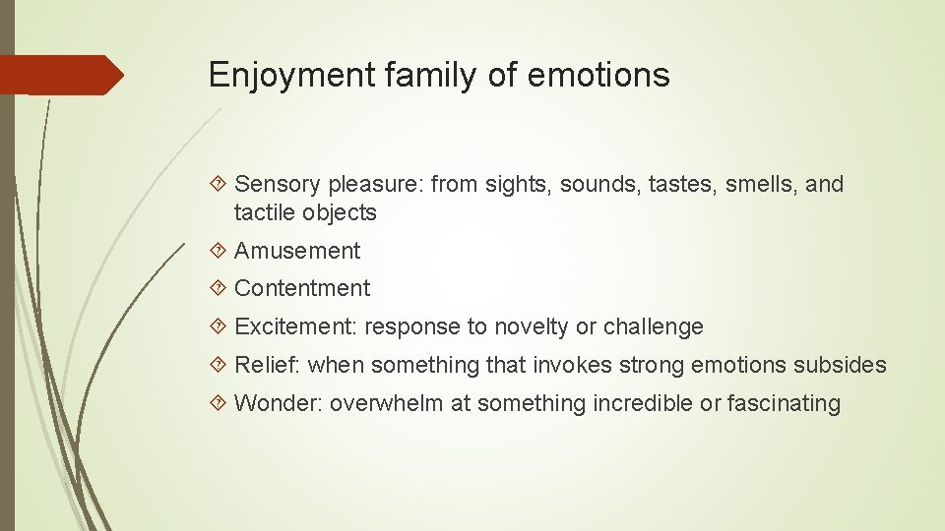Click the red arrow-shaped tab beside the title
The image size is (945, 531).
[61, 75]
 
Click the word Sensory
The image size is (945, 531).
[279, 184]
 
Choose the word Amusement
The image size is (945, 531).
[297, 251]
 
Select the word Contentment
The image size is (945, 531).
[302, 288]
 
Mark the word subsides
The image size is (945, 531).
[841, 365]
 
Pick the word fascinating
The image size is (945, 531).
[784, 403]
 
